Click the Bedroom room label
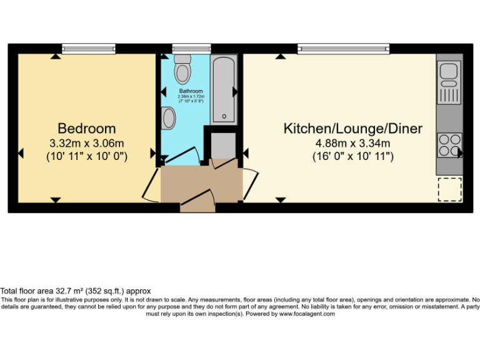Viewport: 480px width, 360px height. point(87,129)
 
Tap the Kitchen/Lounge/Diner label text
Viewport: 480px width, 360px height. point(353,129)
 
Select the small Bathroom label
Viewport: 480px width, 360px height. point(191,91)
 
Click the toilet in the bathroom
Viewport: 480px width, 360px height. point(182,69)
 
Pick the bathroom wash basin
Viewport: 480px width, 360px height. point(168,117)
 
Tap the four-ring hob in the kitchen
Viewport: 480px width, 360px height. point(449,145)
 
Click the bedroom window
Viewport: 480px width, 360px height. point(89,48)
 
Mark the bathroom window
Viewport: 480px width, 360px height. point(182,48)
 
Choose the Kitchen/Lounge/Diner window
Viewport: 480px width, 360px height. point(343,48)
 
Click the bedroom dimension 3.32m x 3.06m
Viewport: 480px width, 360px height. point(87,142)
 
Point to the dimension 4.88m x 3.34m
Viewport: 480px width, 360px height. point(353,142)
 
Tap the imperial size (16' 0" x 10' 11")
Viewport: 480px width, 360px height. point(353,156)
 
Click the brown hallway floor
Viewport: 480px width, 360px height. point(200,184)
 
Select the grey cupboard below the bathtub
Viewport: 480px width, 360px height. point(223,145)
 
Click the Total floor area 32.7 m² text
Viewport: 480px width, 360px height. point(75,291)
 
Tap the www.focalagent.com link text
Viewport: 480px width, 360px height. point(307,314)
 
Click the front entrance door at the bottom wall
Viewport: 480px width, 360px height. point(198,207)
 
